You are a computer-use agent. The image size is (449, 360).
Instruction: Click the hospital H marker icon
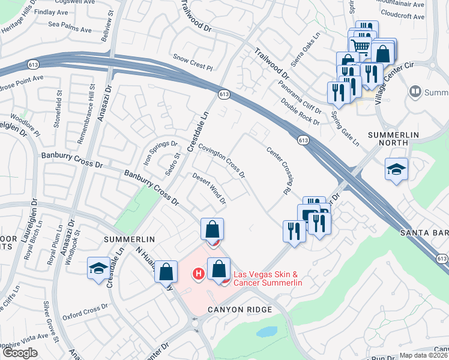[197, 274]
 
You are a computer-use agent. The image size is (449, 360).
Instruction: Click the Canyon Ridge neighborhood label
[240, 309]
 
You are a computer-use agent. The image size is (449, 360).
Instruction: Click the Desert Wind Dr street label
[209, 188]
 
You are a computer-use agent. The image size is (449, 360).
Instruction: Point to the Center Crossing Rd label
[279, 170]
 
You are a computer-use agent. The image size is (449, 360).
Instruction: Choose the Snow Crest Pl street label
[193, 61]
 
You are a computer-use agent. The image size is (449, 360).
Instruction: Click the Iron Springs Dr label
[160, 153]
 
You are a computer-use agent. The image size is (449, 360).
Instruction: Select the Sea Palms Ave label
[70, 29]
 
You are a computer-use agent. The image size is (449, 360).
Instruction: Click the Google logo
[20, 353]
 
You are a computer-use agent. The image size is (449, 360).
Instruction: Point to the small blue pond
[267, 331]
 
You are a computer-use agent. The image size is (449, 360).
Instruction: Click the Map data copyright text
[424, 355]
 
